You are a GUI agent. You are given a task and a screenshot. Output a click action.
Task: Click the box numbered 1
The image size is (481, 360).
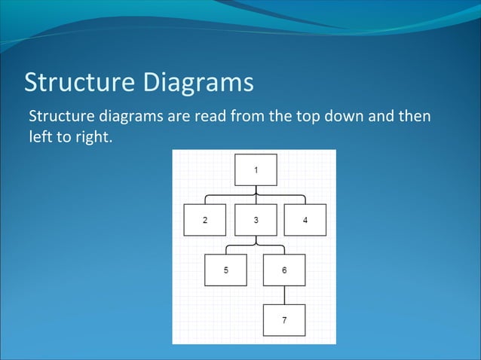(x=256, y=169)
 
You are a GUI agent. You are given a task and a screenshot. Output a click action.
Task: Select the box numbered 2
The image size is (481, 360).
(x=204, y=220)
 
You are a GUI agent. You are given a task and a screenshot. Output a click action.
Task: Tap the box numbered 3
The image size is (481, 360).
(x=256, y=220)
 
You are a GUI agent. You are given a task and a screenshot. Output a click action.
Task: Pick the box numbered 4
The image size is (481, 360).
(x=305, y=220)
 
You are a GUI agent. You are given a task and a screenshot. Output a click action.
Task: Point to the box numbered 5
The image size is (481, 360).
(x=225, y=270)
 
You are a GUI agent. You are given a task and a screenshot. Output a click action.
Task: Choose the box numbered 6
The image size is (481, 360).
(x=284, y=270)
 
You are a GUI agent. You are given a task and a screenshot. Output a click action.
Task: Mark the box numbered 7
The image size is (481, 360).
(x=284, y=320)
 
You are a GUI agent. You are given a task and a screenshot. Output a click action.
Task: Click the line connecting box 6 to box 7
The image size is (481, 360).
(x=284, y=294)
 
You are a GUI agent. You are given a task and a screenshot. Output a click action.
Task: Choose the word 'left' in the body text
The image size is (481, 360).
(x=38, y=138)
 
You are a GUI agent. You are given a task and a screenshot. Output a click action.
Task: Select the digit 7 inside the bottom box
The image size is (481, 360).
(x=284, y=320)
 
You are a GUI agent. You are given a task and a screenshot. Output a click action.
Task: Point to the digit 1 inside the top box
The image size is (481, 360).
(x=256, y=169)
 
